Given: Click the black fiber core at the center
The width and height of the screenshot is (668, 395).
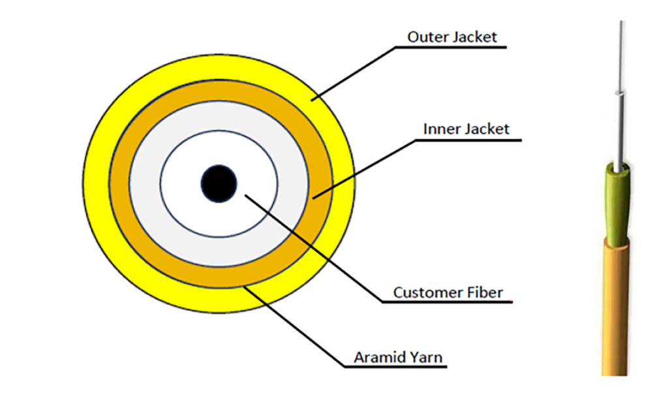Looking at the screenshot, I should (x=218, y=183).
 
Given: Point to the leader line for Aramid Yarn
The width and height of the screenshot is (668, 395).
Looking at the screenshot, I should (x=294, y=324).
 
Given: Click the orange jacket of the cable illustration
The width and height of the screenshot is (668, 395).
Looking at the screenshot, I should (x=615, y=307).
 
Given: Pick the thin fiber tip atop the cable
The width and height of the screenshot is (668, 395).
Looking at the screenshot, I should (x=620, y=52).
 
